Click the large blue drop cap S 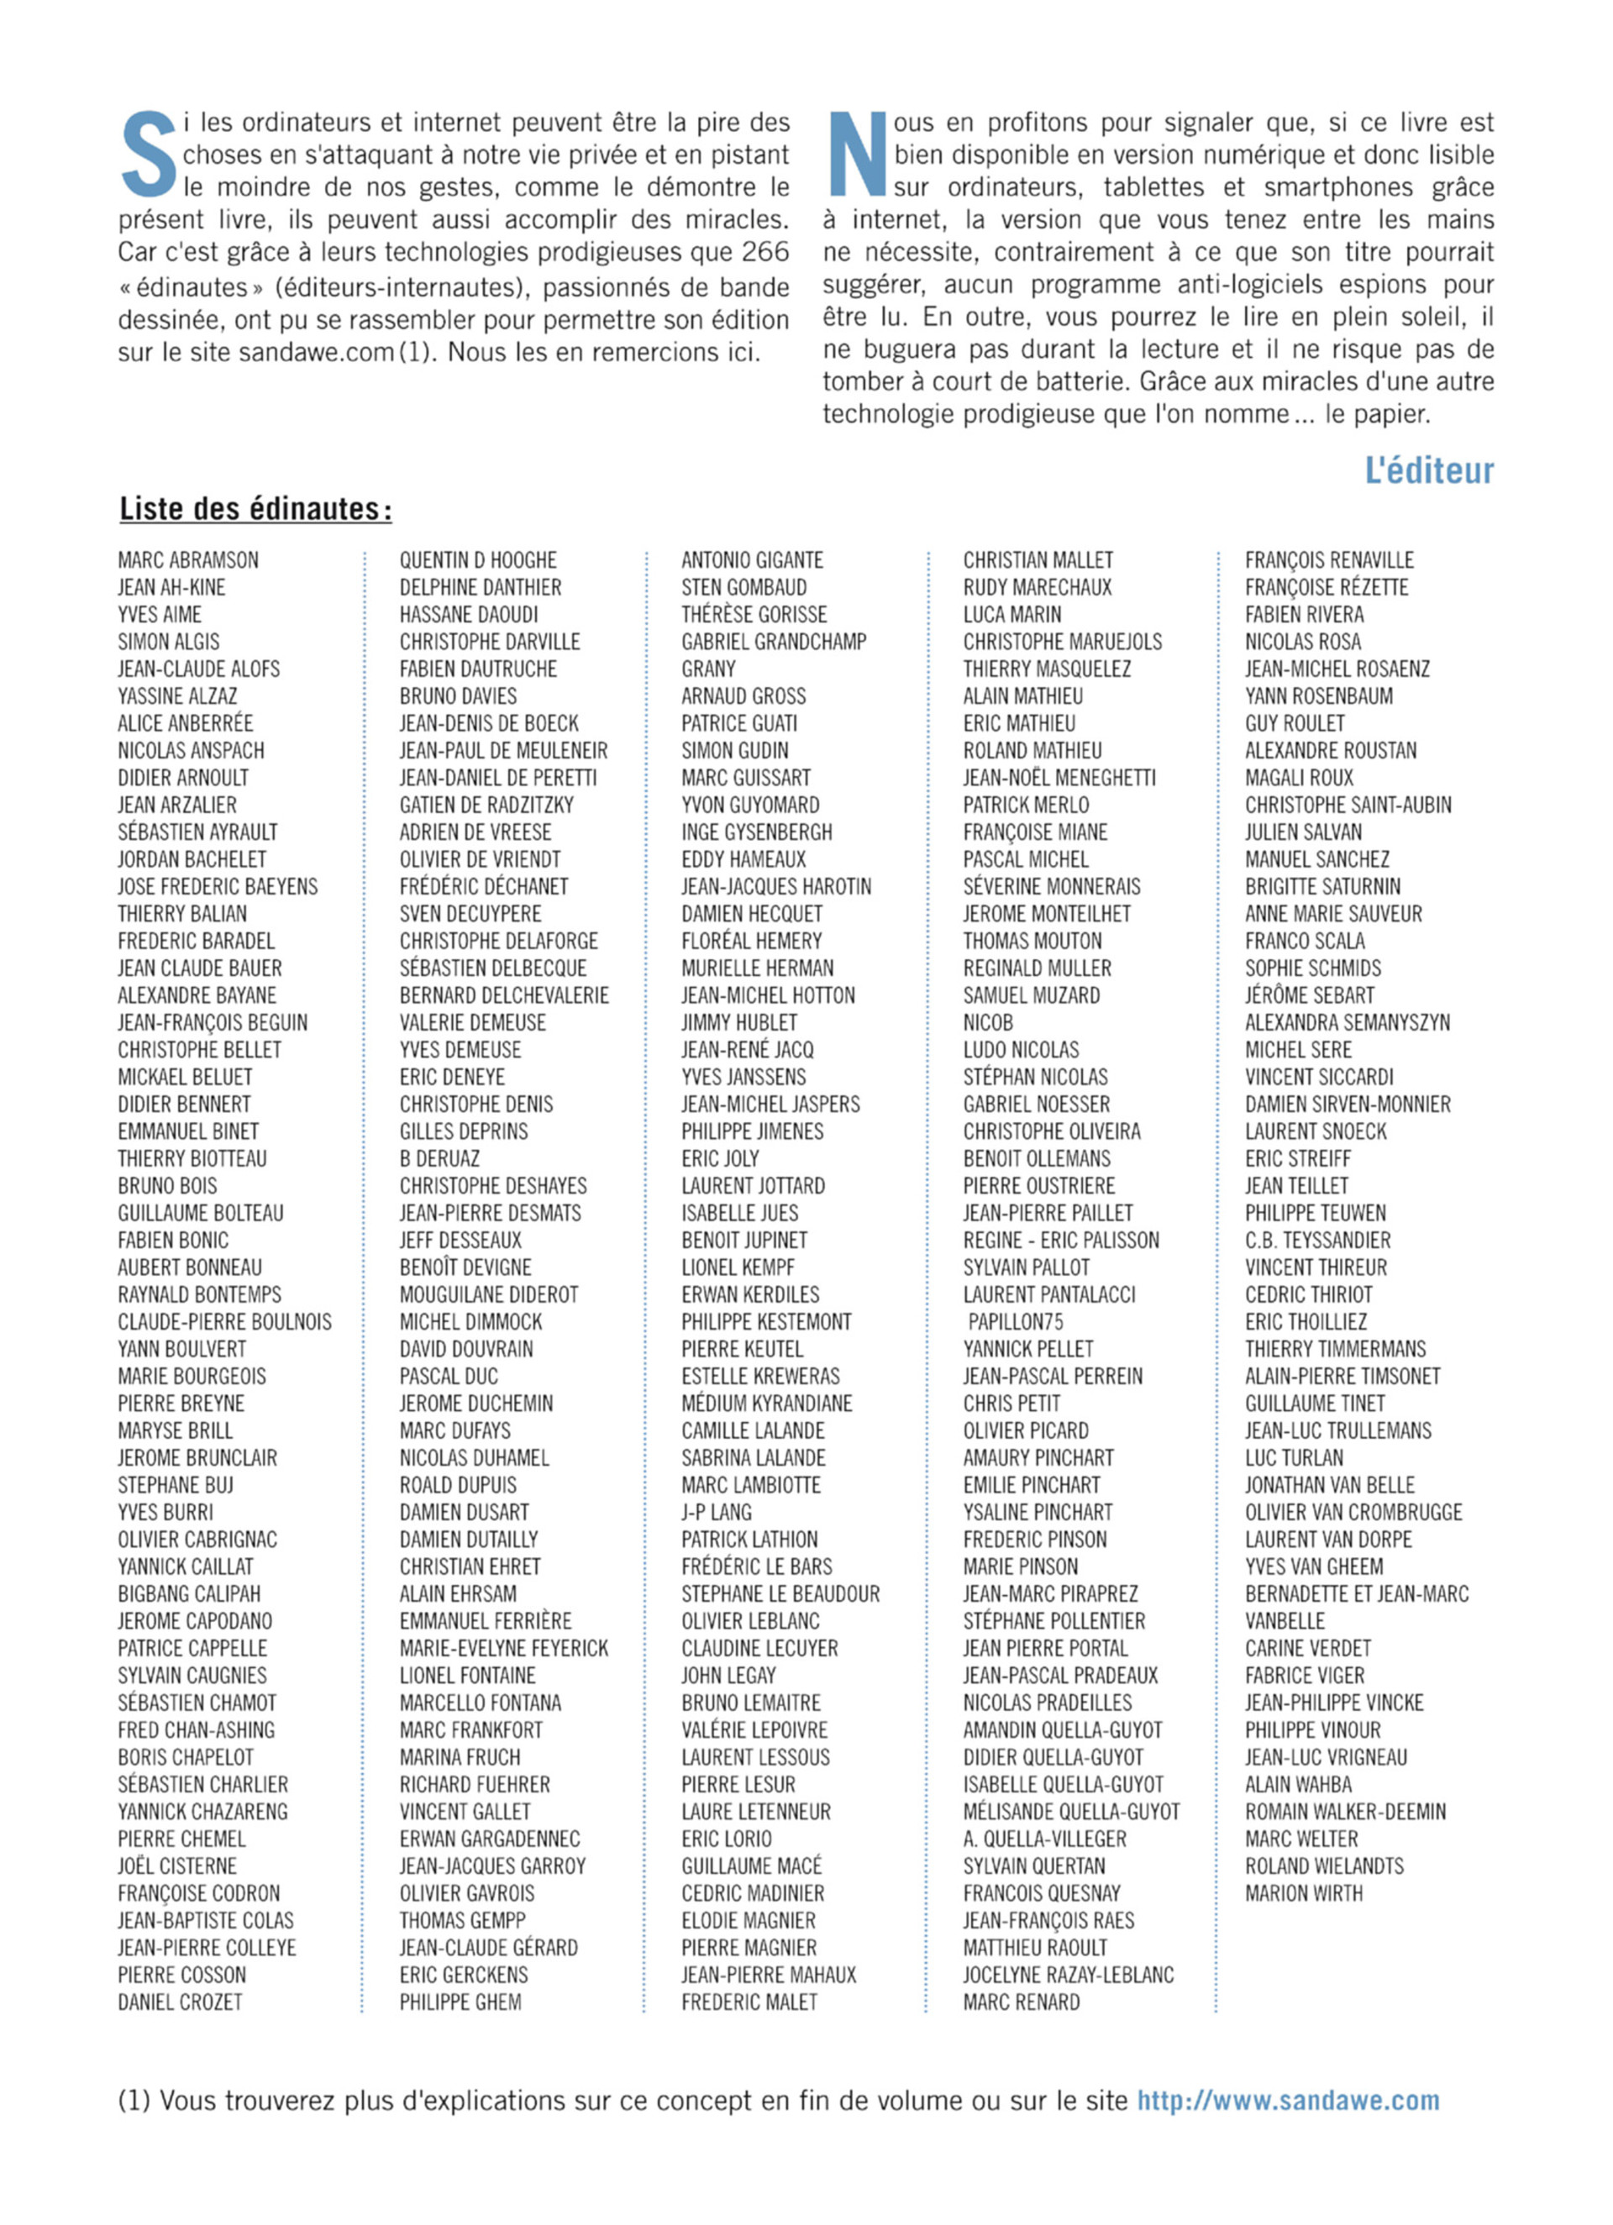[x=148, y=155]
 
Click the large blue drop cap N [x=857, y=155]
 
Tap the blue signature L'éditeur [x=1428, y=471]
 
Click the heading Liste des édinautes [x=255, y=509]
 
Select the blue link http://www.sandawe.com [x=1288, y=2101]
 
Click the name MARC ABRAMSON [x=188, y=560]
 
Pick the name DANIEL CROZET [x=180, y=2002]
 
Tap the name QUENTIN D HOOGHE [x=478, y=560]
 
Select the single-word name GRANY [x=708, y=669]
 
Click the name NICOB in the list [x=988, y=1022]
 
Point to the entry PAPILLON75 [x=1016, y=1321]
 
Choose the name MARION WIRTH [x=1304, y=1892]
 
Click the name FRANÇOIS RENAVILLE [x=1329, y=560]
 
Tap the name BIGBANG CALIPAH [x=189, y=1593]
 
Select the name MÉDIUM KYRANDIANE [x=767, y=1403]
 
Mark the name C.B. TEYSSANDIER [x=1317, y=1240]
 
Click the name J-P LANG [x=717, y=1512]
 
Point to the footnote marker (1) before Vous [x=134, y=2101]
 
